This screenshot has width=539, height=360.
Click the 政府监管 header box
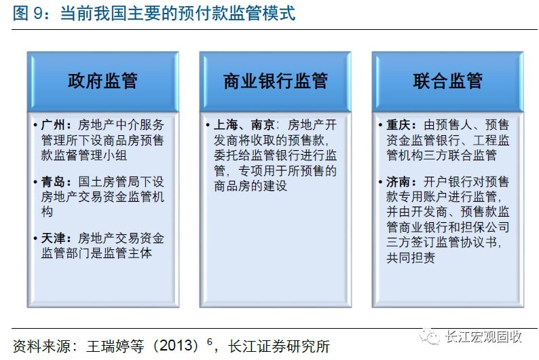point(103,81)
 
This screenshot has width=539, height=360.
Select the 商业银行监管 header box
point(275,81)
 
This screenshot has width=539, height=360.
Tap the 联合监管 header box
point(447,81)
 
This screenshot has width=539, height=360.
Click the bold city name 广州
point(55,125)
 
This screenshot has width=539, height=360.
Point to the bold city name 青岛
point(55,182)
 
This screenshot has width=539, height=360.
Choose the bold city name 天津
point(55,238)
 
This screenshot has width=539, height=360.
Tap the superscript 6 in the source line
point(210,342)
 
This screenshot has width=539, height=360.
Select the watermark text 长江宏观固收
point(483,337)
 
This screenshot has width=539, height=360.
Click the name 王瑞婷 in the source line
point(107,346)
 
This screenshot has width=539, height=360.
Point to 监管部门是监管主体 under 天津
point(97,253)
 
